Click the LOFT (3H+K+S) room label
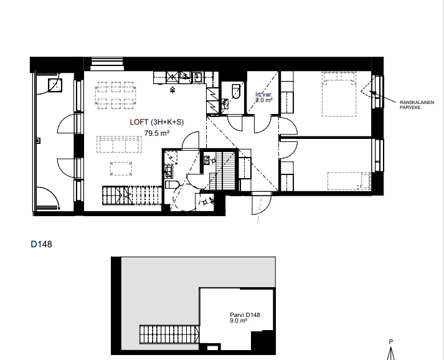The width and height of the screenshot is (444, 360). (x=157, y=122)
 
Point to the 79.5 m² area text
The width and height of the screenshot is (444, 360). (x=157, y=133)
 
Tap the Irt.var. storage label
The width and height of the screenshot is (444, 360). (x=264, y=95)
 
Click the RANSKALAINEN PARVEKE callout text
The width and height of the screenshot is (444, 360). (x=417, y=105)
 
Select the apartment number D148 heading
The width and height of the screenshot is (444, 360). (x=41, y=244)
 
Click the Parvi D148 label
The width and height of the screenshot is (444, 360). (x=245, y=315)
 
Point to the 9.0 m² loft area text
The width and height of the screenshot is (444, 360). (x=239, y=321)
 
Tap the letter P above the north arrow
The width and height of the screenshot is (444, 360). (x=391, y=341)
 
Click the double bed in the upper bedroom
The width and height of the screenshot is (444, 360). (x=339, y=94)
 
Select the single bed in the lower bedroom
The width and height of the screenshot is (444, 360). (x=349, y=181)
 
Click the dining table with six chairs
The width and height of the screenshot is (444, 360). (x=115, y=95)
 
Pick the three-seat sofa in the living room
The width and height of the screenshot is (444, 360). (x=119, y=144)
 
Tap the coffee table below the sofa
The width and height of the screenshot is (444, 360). (x=121, y=169)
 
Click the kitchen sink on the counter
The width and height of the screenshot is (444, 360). (x=197, y=77)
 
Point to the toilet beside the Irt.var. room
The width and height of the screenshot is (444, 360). (x=235, y=91)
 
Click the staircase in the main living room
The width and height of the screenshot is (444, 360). (x=132, y=195)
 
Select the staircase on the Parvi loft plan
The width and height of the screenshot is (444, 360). (x=169, y=334)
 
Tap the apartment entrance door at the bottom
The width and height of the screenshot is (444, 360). (x=262, y=203)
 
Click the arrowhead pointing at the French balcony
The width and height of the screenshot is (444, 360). (x=372, y=92)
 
